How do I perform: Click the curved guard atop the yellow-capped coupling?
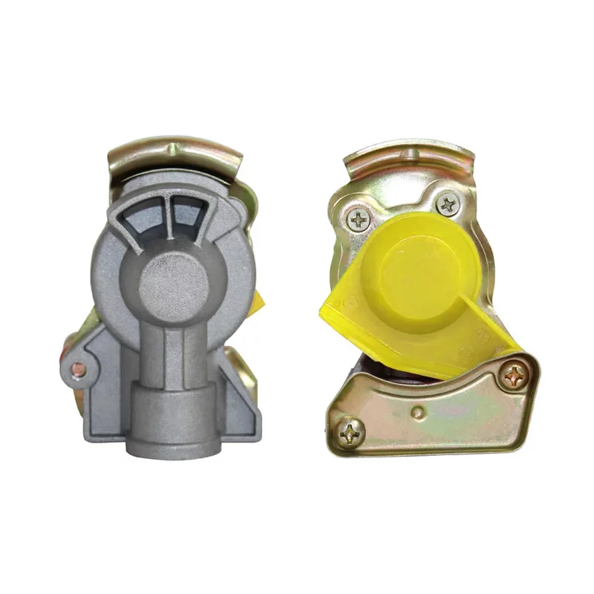[410, 160]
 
